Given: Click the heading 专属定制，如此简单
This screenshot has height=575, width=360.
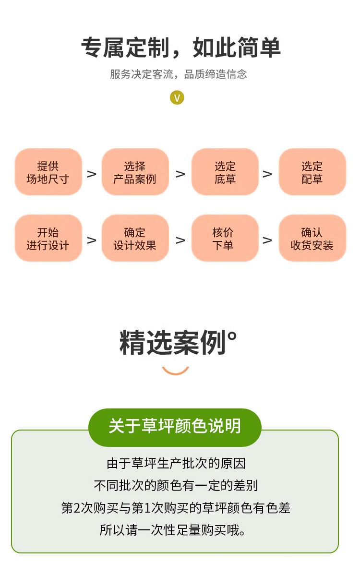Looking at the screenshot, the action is [180, 48].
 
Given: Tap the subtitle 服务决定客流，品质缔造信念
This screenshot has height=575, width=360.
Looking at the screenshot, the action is [178, 74].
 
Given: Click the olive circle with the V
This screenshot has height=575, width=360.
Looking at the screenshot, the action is [177, 98].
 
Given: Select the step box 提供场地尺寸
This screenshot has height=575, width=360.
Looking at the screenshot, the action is [48, 172].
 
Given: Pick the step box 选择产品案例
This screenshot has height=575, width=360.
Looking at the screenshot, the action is [135, 172].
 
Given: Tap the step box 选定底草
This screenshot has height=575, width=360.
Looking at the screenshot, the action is [225, 172].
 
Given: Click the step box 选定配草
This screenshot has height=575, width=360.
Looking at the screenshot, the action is [312, 172].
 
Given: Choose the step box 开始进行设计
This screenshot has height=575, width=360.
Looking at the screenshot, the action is [48, 239].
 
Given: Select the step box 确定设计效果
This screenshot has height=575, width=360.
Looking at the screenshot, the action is [135, 239].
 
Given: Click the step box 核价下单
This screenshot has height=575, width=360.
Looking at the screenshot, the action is [225, 239].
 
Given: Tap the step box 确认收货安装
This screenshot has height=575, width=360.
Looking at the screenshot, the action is [312, 239].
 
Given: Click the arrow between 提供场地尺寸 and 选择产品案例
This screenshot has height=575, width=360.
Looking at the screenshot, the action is [92, 174].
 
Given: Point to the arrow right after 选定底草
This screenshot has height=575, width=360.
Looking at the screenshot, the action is [267, 174].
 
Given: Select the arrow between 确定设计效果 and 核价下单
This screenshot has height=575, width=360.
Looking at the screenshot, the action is [180, 240].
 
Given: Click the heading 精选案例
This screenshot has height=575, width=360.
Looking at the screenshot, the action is [178, 343].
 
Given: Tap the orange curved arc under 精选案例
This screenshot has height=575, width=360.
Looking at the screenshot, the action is [176, 371].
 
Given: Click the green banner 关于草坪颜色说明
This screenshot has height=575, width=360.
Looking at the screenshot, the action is [175, 426].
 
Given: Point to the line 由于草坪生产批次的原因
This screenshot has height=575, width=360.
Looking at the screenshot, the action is [176, 464].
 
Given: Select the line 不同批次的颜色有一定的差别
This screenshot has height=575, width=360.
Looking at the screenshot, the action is [176, 486].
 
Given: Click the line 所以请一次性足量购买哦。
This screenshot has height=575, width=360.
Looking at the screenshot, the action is [173, 530].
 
